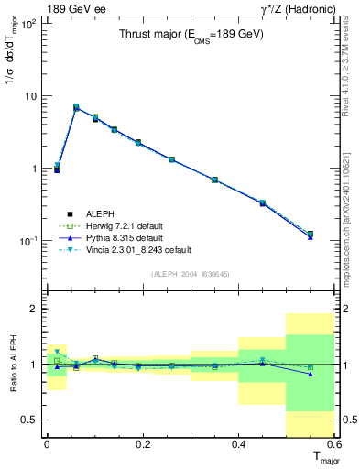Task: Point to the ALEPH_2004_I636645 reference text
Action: click(190, 274)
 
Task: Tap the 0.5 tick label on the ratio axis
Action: click(31, 420)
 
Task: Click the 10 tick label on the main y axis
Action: click(30, 96)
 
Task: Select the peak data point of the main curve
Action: click(76, 108)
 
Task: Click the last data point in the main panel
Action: click(311, 235)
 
